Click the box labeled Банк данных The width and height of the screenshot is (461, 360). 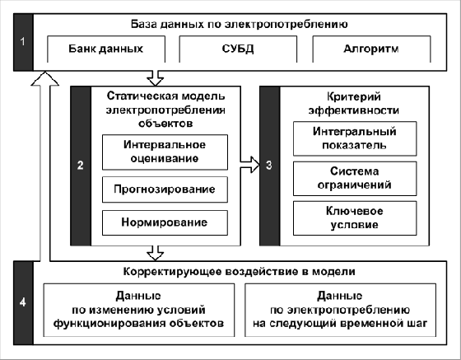tap(106, 49)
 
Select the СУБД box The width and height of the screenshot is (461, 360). tap(238, 49)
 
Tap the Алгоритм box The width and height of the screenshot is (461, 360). tap(371, 49)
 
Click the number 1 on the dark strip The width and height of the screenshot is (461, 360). tap(23, 41)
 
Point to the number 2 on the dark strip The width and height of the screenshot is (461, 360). tap(81, 166)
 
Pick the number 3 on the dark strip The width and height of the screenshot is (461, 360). tap(269, 166)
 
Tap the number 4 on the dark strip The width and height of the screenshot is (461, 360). tap(23, 302)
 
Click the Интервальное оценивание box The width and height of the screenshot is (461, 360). tap(165, 152)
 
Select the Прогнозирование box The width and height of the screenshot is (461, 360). tap(165, 189)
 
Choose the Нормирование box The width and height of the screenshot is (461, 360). tap(165, 222)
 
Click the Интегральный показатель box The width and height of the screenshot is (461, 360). tap(355, 138)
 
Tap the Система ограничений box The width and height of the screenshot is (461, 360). tap(355, 178)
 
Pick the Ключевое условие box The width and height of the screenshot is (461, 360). tap(355, 218)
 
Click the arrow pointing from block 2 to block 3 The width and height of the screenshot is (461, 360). tap(250, 165)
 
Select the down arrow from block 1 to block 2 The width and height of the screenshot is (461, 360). tap(155, 78)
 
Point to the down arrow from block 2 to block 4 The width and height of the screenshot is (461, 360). tap(155, 253)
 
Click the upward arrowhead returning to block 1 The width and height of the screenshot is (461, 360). tap(44, 78)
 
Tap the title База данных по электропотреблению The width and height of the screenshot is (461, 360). tap(239, 24)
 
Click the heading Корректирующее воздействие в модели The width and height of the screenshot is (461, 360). tap(239, 272)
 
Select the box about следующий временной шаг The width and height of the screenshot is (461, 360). tap(340, 310)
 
